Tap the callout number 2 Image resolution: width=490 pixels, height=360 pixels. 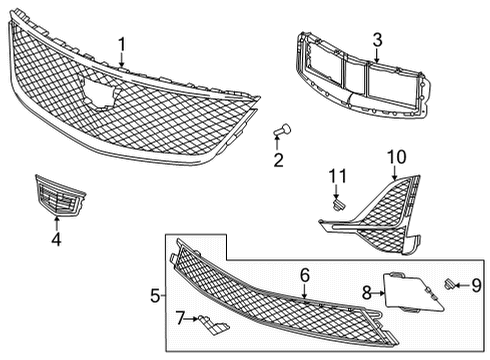pos(279,159)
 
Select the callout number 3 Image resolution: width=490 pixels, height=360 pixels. pos(377,40)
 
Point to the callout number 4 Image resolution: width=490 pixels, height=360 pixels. pos(57,239)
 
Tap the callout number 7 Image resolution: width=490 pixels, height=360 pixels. pos(180,318)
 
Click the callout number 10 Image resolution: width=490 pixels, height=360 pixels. pos(398,157)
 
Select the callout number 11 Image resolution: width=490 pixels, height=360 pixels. pos(337,177)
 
